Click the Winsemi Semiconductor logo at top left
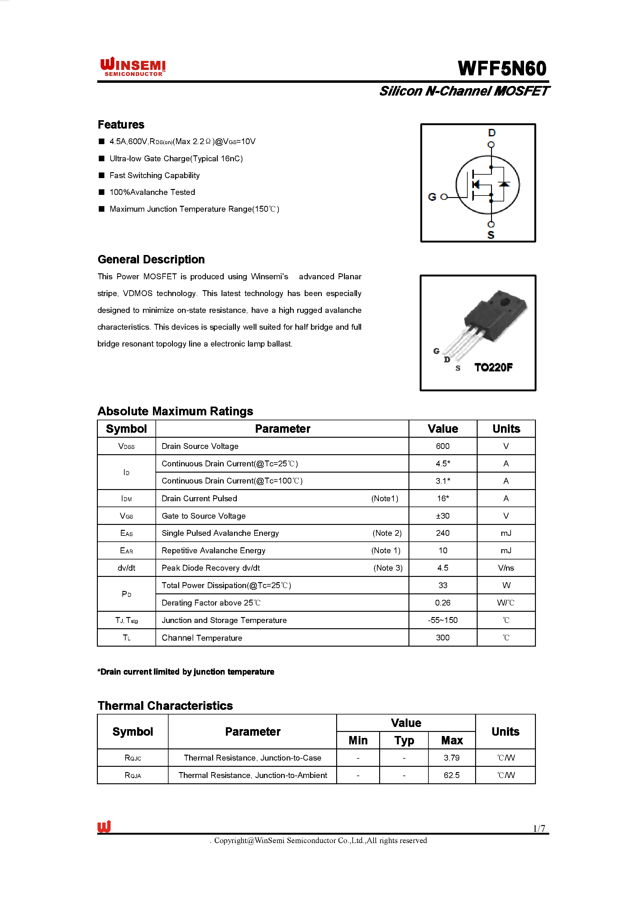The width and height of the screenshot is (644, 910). [x=133, y=67]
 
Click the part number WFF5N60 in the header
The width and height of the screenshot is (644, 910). [x=502, y=68]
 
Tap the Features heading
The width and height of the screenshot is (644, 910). [x=121, y=125]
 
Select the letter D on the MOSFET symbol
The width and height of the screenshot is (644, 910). [x=491, y=133]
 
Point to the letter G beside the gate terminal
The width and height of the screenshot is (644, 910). [x=432, y=197]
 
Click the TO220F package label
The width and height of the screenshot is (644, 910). [x=493, y=367]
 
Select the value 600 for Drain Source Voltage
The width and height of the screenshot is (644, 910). [x=442, y=446]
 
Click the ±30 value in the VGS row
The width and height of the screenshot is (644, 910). [x=442, y=516]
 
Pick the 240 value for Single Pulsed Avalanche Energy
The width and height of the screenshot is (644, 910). [x=442, y=533]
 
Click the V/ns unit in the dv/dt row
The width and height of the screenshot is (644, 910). [x=506, y=568]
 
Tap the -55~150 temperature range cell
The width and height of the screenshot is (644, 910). [x=442, y=620]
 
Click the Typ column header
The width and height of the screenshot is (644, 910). [x=404, y=740]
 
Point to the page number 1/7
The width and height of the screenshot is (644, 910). [x=539, y=828]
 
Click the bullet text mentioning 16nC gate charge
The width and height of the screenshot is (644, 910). [x=176, y=158]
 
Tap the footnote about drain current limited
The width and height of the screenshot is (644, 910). [x=186, y=672]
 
